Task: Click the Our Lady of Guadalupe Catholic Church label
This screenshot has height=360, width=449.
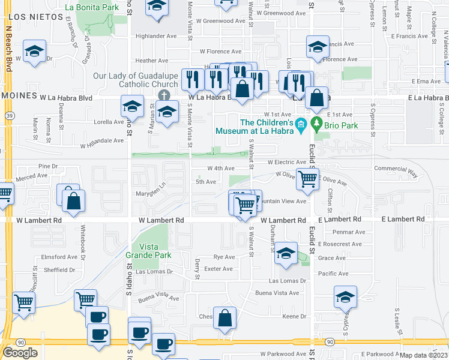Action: pyautogui.click(x=136, y=80)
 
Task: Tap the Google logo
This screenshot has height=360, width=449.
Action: pyautogui.click(x=20, y=352)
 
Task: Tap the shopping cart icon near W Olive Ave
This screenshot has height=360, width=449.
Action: pyautogui.click(x=307, y=178)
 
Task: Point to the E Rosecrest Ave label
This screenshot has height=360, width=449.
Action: pyautogui.click(x=340, y=244)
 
